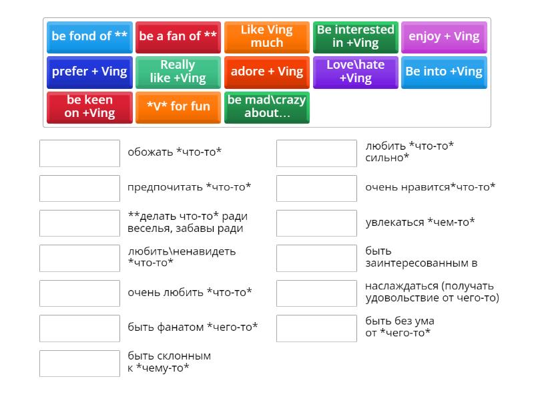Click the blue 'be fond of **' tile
click(89, 37)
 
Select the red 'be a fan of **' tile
click(178, 37)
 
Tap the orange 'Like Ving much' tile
click(267, 37)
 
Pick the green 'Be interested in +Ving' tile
click(356, 37)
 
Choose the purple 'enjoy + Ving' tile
click(444, 37)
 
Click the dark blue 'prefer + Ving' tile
click(89, 73)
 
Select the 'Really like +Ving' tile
click(178, 73)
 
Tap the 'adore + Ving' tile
click(267, 73)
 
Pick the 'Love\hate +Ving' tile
click(356, 73)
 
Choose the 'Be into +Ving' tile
click(444, 73)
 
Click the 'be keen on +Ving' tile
click(89, 108)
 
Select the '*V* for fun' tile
click(178, 108)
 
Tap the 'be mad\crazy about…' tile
click(267, 108)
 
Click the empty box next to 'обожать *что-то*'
click(79, 153)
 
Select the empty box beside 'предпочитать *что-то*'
click(79, 188)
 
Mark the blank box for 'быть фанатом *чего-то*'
click(79, 328)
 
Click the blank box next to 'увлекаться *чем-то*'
click(316, 223)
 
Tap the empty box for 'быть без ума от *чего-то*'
click(316, 328)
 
